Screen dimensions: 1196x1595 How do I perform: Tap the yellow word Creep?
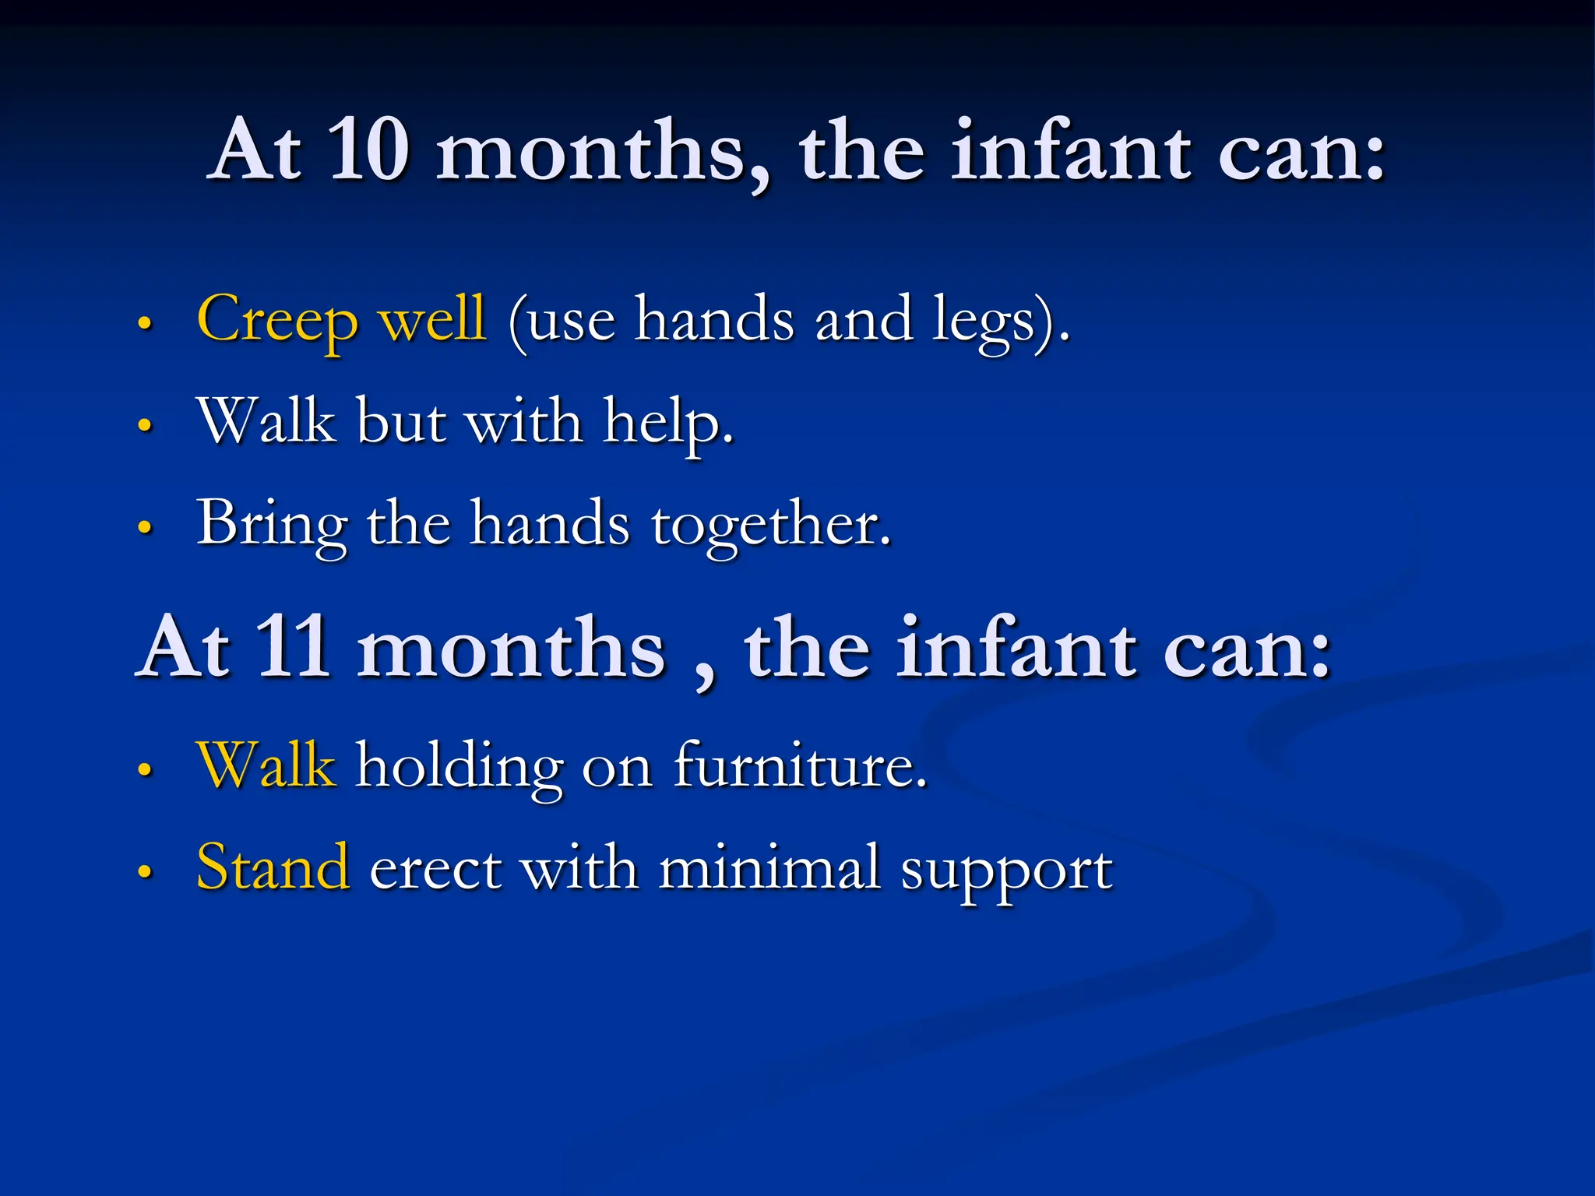click(277, 320)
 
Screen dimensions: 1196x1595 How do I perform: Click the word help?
click(668, 423)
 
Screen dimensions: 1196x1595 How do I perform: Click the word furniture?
click(800, 766)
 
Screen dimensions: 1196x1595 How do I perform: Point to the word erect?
click(435, 869)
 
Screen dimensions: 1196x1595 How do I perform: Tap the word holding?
click(459, 768)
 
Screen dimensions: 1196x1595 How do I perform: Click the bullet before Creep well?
click(144, 323)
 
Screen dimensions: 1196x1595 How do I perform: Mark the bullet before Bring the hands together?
click(144, 527)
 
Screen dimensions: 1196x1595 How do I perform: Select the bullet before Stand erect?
click(144, 871)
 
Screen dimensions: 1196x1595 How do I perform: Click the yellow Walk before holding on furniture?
click(266, 766)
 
